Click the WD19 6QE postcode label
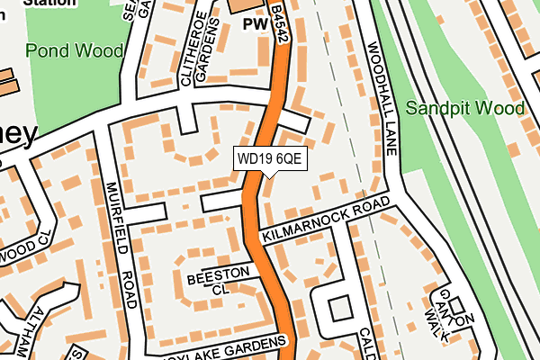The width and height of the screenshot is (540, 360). (x=270, y=158)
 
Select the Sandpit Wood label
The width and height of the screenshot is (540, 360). (x=464, y=109)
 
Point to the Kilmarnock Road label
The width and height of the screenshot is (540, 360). (x=328, y=220)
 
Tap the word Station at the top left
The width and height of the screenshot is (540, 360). (x=49, y=4)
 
